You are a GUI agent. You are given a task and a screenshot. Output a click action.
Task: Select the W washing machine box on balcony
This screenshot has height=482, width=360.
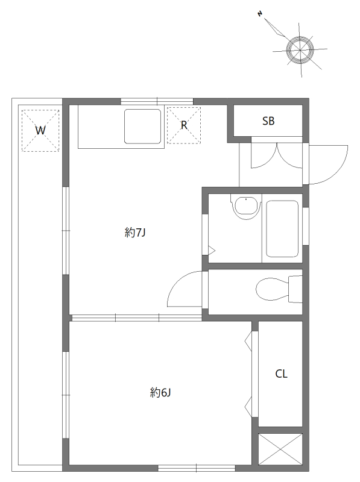[40, 130]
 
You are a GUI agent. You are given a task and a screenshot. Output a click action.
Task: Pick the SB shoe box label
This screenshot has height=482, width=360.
[268, 121]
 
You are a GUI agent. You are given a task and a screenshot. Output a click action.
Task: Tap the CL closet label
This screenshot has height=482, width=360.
[281, 374]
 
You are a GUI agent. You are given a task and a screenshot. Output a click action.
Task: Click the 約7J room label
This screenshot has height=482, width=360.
[136, 233]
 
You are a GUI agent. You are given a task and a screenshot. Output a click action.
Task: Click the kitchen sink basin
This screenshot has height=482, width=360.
[143, 126]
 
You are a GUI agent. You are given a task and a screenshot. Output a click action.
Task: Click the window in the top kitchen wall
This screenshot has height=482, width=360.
[157, 101]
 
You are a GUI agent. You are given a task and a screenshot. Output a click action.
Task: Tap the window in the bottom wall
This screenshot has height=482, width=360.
[197, 467]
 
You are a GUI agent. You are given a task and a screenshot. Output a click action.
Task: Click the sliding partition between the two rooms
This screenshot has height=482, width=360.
[136, 317]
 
